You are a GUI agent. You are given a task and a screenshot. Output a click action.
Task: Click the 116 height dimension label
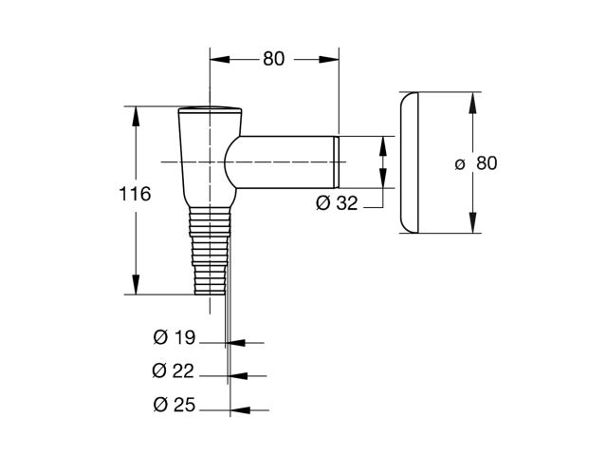135,194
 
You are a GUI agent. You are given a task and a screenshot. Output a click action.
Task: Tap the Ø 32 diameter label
337,202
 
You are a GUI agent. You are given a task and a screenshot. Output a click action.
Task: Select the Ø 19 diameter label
175,337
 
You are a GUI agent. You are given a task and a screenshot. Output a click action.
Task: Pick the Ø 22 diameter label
173,371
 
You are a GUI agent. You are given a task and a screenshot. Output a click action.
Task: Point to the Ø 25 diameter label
175,406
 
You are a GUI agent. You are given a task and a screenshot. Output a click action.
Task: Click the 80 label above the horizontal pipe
274,59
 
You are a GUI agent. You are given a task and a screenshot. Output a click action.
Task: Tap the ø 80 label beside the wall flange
476,163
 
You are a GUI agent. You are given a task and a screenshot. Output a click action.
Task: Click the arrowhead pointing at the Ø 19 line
236,343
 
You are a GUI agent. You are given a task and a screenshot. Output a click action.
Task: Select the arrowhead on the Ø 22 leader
238,376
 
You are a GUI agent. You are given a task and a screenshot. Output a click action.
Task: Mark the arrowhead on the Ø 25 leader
240,409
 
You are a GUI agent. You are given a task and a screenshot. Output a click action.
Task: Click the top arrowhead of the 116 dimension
136,116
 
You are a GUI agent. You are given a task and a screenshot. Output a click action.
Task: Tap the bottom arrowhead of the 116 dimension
136,284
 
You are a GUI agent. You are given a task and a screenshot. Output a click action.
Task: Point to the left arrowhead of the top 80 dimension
220,59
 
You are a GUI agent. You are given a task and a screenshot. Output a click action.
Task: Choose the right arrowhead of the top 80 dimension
329,59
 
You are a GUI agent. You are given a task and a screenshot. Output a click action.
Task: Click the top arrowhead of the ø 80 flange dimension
472,103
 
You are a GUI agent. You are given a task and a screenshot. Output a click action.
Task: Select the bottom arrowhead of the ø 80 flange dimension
472,222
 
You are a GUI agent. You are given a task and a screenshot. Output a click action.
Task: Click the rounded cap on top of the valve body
211,109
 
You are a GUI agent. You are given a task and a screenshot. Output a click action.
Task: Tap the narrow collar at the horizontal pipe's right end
337,162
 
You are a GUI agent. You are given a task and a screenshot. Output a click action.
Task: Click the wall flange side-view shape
409,162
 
